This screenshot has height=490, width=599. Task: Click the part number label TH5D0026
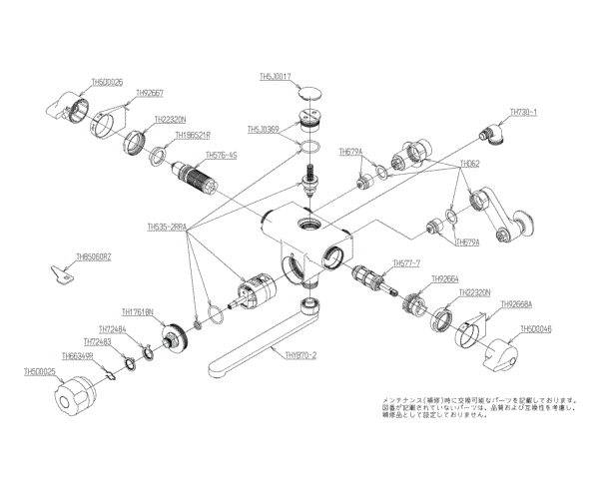pos(107,83)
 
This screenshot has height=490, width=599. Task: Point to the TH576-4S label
pos(222,156)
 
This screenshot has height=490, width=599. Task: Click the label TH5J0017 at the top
pos(275,76)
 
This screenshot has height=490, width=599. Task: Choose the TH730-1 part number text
pos(524,113)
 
